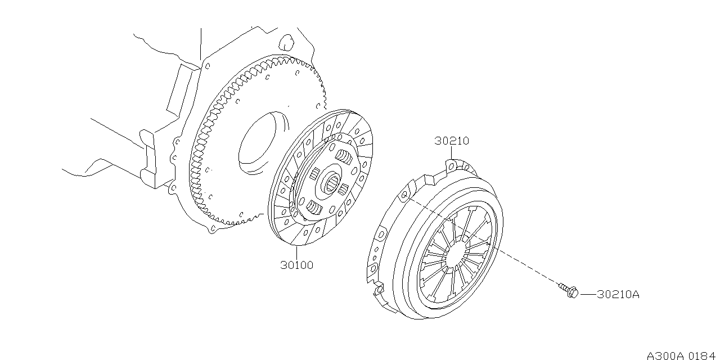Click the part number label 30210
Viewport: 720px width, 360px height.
pyautogui.click(x=451, y=141)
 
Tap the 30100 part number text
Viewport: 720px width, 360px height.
pyautogui.click(x=296, y=264)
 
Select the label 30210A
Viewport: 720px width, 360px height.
pyautogui.click(x=618, y=294)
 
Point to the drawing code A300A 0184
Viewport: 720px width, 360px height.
pyautogui.click(x=682, y=355)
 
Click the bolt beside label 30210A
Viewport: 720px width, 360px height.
pyautogui.click(x=568, y=290)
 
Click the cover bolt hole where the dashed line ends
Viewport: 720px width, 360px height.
pyautogui.click(x=403, y=196)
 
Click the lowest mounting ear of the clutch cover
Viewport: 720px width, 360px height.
pyautogui.click(x=379, y=290)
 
